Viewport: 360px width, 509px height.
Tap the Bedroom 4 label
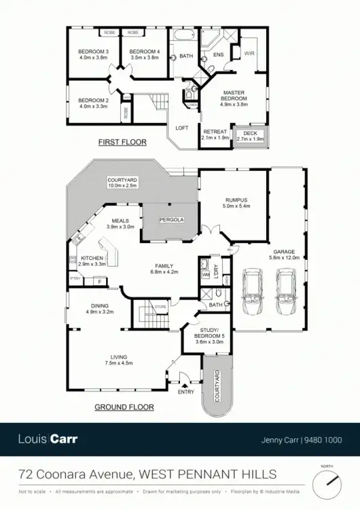pyautogui.click(x=144, y=52)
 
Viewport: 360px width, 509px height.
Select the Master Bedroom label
pyautogui.click(x=233, y=95)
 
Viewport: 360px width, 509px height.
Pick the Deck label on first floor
pyautogui.click(x=250, y=133)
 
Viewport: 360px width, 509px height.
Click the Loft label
pyautogui.click(x=182, y=128)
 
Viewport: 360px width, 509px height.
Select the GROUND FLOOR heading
pyautogui.click(x=124, y=407)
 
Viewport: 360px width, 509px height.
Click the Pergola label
pyautogui.click(x=168, y=221)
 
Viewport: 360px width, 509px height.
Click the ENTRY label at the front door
pyautogui.click(x=185, y=392)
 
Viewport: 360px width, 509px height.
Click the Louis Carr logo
pyautogui.click(x=48, y=439)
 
